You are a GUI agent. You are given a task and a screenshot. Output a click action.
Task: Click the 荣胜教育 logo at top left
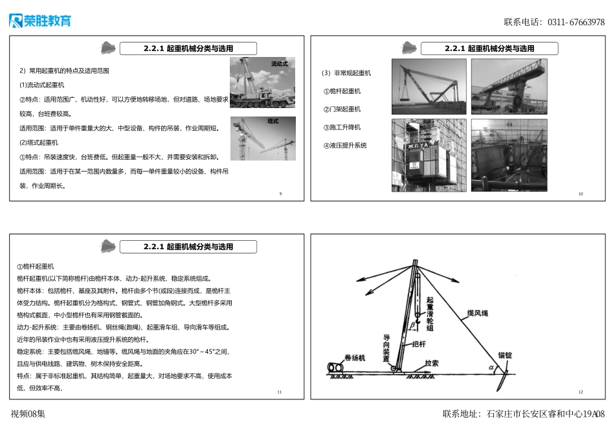[x=39, y=21]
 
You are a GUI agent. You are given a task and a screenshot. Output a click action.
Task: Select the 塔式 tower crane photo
[x=263, y=139]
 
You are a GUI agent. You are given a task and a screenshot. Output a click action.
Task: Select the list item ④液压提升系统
[x=345, y=146]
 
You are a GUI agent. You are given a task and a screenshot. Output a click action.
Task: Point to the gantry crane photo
[x=509, y=87]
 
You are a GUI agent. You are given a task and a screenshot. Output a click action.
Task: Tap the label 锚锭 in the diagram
[x=505, y=355]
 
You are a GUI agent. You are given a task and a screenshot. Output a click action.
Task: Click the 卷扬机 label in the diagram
[x=355, y=357]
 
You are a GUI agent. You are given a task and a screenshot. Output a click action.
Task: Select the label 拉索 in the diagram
[x=431, y=363]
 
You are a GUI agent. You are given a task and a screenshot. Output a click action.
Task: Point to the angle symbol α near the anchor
[x=491, y=368]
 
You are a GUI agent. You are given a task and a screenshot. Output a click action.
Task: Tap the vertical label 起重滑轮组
[x=430, y=315]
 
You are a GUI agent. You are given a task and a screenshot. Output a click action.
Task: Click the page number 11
[x=279, y=392]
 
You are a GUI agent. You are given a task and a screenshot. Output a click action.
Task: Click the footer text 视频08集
[x=28, y=414]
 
